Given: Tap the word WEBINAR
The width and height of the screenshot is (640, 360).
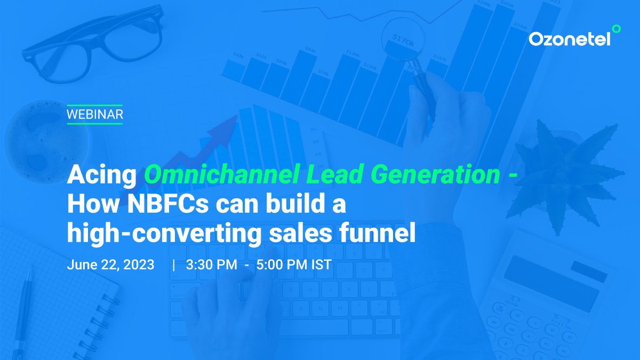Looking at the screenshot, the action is click(x=95, y=115).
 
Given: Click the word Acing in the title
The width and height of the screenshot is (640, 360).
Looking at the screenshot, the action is click(x=102, y=175).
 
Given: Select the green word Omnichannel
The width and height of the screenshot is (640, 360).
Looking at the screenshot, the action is click(x=222, y=174).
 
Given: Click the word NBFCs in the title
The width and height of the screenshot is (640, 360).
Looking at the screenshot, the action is click(x=168, y=203).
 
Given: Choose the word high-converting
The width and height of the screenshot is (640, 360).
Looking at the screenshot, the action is click(x=164, y=234).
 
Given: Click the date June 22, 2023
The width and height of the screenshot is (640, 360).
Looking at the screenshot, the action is click(x=110, y=265).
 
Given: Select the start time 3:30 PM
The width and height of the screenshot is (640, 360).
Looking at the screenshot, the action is click(x=211, y=265).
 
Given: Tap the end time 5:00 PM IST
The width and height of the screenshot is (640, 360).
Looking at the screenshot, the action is click(x=294, y=265).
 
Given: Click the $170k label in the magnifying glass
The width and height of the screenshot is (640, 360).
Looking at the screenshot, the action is click(x=403, y=41).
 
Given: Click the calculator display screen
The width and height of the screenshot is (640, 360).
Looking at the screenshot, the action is click(x=551, y=283).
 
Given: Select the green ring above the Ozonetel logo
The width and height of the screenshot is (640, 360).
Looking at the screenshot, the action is click(x=617, y=29).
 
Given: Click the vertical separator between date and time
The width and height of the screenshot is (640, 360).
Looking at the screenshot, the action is click(x=174, y=265).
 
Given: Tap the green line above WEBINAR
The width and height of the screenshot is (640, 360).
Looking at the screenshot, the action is click(x=95, y=106).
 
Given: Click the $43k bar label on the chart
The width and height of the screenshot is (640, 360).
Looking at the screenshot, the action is click(x=238, y=55).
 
